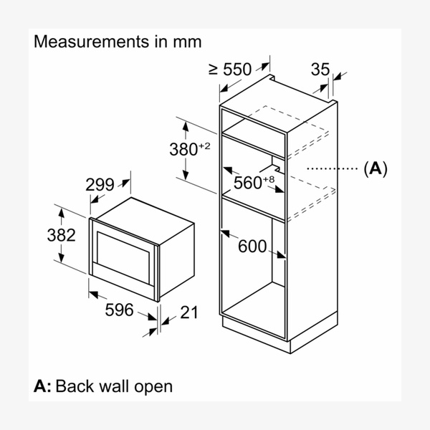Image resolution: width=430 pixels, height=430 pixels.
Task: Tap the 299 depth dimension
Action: pyautogui.click(x=100, y=185)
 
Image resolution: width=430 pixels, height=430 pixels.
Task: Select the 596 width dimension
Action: pyautogui.click(x=120, y=310)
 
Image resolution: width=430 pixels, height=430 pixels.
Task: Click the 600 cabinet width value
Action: pyautogui.click(x=252, y=247)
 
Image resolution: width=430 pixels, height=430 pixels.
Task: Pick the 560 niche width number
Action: pyautogui.click(x=248, y=183)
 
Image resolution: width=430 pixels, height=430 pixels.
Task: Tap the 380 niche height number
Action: pyautogui.click(x=183, y=150)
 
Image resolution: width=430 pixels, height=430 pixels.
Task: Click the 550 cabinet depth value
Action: pyautogui.click(x=237, y=70)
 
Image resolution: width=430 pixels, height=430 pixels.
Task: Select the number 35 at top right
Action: pyautogui.click(x=320, y=70)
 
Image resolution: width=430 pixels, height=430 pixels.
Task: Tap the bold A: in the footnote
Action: pyautogui.click(x=42, y=386)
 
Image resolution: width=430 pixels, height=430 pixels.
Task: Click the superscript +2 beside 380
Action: pyautogui.click(x=204, y=145)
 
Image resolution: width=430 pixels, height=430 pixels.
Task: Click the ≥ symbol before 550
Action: pyautogui.click(x=213, y=70)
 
